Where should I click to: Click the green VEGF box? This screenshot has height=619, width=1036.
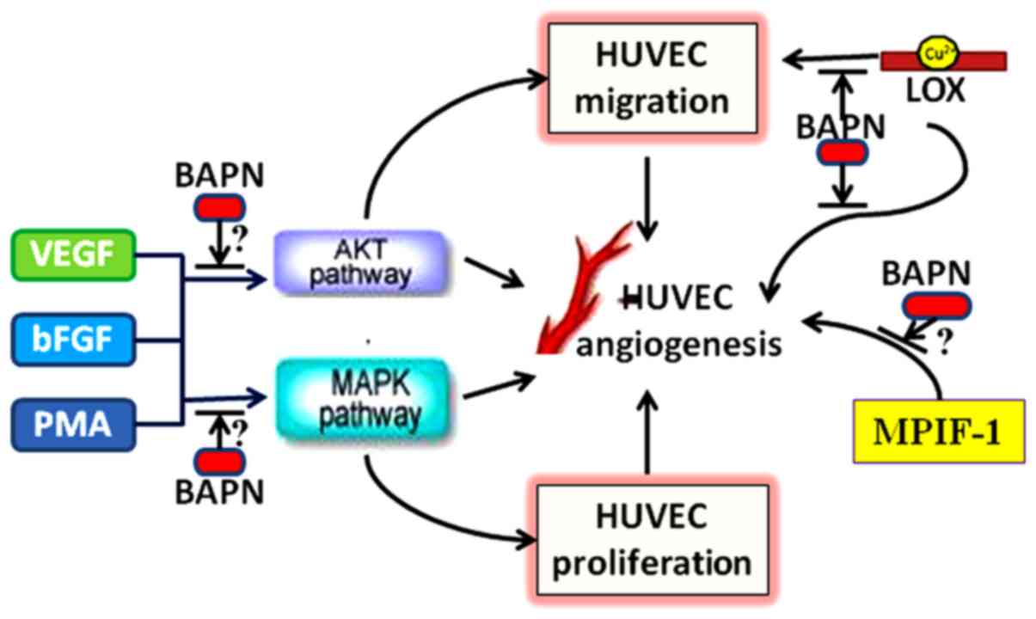pyautogui.click(x=76, y=255)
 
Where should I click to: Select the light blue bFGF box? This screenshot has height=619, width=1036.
pyautogui.click(x=76, y=340)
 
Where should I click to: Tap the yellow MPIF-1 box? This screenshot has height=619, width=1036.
pyautogui.click(x=940, y=430)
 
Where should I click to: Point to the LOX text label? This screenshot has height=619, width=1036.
pyautogui.click(x=935, y=90)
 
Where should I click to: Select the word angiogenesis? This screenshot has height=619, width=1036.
pyautogui.click(x=679, y=344)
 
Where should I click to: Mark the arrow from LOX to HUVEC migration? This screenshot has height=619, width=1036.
pyautogui.click(x=830, y=60)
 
